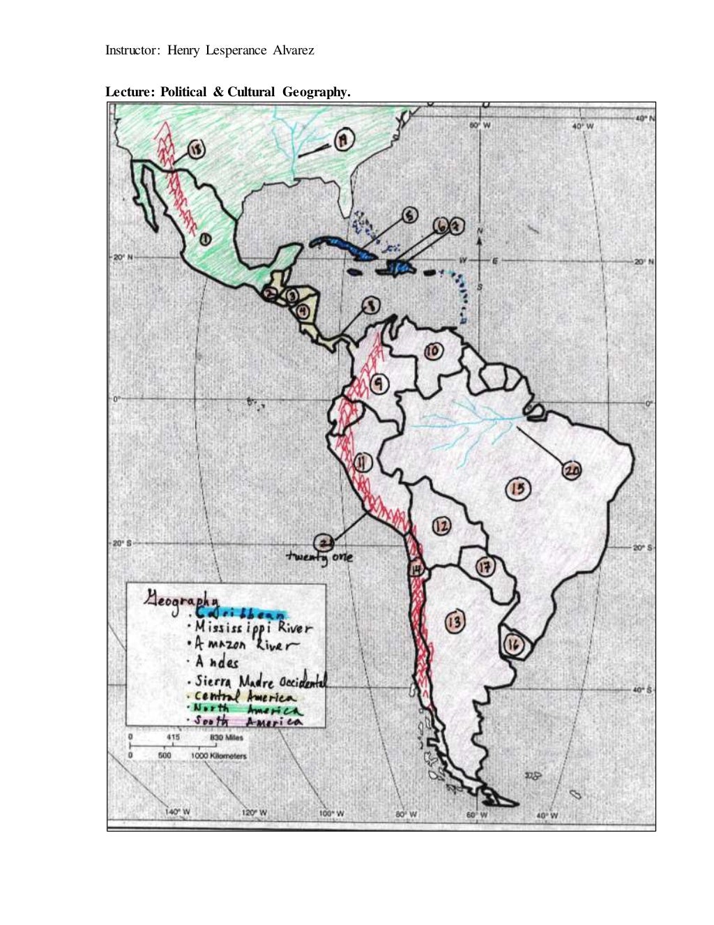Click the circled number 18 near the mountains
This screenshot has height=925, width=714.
(x=196, y=149)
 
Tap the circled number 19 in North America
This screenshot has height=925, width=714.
(x=343, y=141)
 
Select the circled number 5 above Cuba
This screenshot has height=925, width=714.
(x=410, y=216)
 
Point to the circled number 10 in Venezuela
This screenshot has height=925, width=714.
(x=433, y=352)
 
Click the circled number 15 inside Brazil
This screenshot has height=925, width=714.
(x=517, y=489)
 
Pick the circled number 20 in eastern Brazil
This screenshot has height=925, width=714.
(x=571, y=471)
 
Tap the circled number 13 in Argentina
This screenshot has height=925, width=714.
(x=455, y=621)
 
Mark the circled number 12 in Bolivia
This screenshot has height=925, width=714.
(x=441, y=527)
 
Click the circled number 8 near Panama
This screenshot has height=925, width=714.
(x=370, y=305)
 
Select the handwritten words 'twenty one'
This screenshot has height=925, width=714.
(x=320, y=557)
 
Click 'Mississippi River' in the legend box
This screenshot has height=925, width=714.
(x=254, y=627)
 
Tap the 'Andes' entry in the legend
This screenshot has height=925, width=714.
(x=217, y=663)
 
